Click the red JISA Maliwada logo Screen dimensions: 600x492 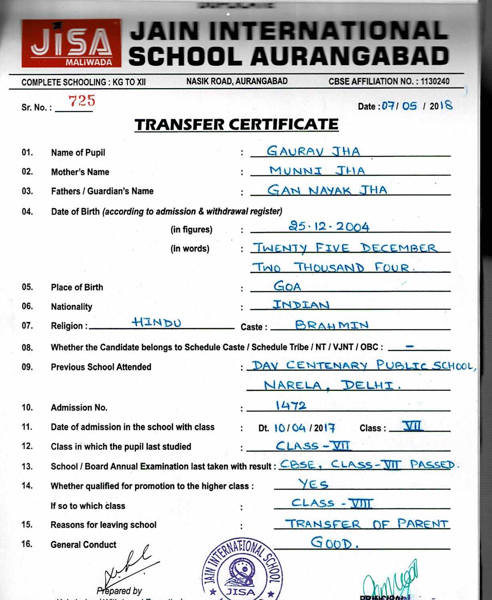click(x=71, y=43)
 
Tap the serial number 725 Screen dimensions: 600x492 click(x=82, y=101)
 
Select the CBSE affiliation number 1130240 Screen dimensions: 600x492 click(x=435, y=81)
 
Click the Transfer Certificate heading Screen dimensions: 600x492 click(x=236, y=125)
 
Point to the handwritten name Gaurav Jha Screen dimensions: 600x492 click(x=313, y=151)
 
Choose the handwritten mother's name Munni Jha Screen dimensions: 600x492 click(x=317, y=170)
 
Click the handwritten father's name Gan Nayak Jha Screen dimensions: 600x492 click(x=327, y=190)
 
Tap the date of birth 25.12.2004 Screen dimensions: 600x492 click(x=329, y=227)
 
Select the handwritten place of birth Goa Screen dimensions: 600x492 click(x=287, y=286)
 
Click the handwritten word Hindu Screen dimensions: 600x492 click(x=157, y=322)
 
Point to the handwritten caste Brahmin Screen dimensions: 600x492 click(x=331, y=325)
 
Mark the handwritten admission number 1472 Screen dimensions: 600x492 click(x=291, y=405)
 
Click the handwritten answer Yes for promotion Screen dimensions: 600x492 click(x=313, y=484)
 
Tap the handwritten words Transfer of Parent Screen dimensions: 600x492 click(x=367, y=524)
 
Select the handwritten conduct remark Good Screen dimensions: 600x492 click(x=333, y=543)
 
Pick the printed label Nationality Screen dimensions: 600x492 click(x=71, y=307)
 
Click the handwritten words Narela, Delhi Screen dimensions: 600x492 click(x=332, y=385)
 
